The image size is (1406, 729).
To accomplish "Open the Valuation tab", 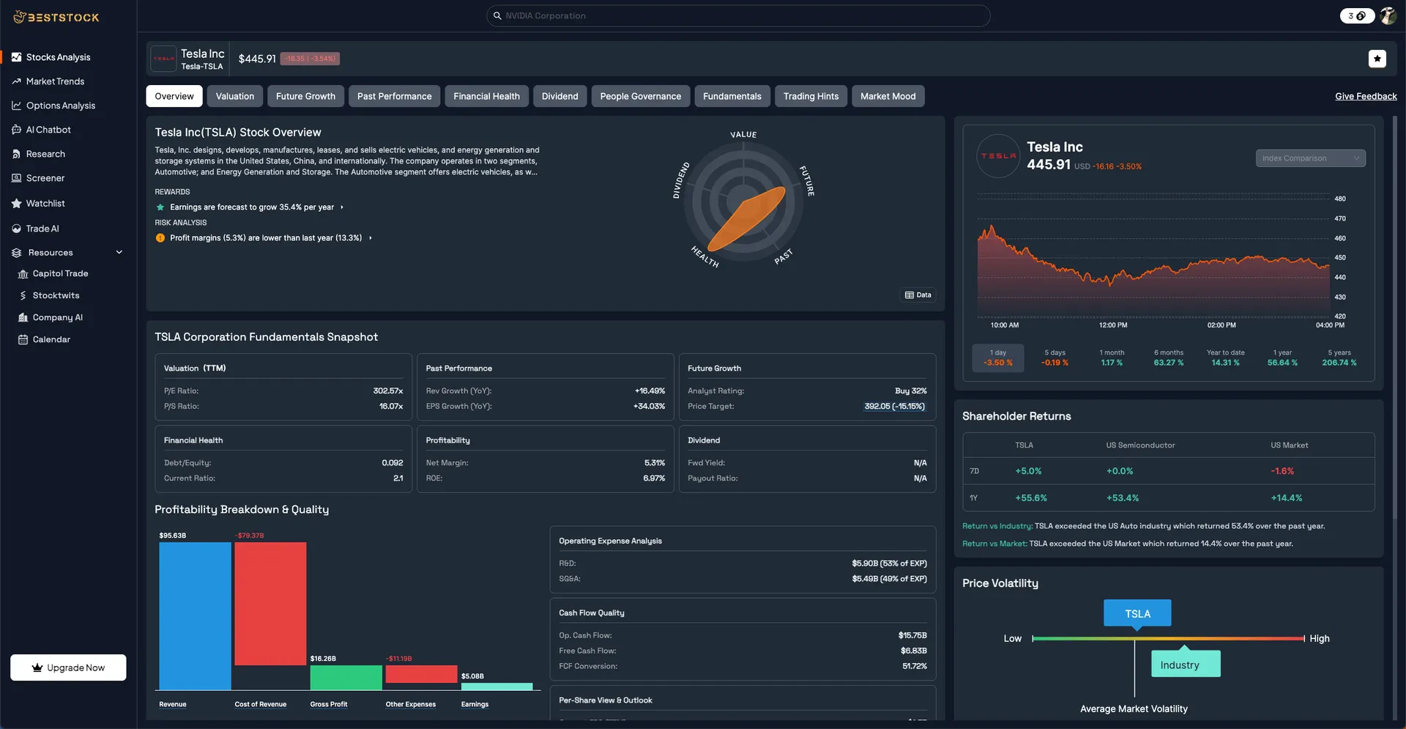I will tap(234, 96).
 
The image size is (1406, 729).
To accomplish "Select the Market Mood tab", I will tap(888, 96).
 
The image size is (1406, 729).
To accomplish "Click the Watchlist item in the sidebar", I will tap(45, 204).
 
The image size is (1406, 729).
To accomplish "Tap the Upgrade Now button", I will tap(68, 667).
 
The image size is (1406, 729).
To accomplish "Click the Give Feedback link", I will tap(1366, 97).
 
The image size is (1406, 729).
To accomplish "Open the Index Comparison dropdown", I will tap(1310, 158).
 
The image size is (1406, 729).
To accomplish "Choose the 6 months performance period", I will tap(1168, 358).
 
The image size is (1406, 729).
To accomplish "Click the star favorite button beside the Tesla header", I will tap(1377, 59).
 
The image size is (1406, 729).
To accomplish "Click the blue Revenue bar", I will tap(195, 615).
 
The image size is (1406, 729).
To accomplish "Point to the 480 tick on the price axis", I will tap(1340, 199).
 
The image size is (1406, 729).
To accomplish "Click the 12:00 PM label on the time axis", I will tap(1112, 325).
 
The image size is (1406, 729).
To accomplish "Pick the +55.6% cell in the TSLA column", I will tap(1030, 498).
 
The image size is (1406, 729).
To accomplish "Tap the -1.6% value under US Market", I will tap(1282, 471).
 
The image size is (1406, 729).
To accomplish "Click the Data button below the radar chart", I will tap(918, 295).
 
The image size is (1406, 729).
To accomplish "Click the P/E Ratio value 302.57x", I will tap(387, 391).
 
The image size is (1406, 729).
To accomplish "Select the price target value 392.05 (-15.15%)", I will tap(894, 407).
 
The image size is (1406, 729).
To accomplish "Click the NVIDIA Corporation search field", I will tap(738, 16).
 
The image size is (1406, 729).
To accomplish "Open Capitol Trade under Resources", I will tap(60, 274).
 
